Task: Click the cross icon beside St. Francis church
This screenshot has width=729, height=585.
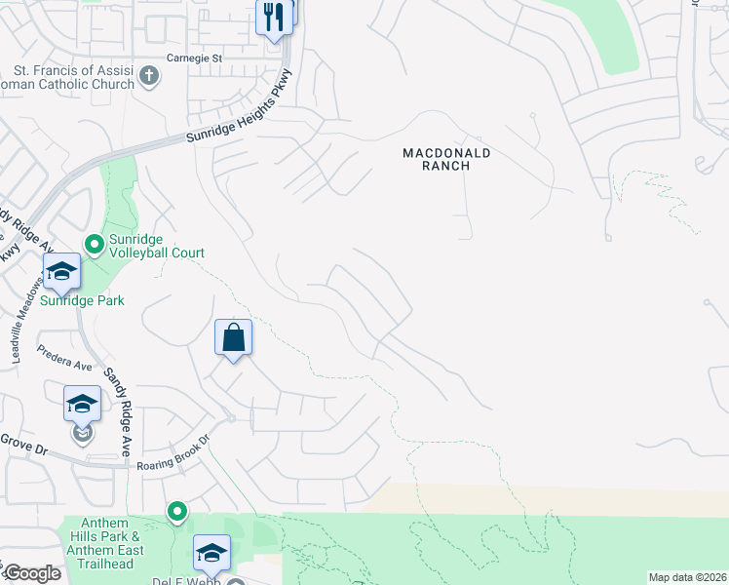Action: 149,76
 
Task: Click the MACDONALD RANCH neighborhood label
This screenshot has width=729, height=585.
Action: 447,160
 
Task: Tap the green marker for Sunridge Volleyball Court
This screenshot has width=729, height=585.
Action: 95,244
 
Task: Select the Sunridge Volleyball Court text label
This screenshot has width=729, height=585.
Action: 157,245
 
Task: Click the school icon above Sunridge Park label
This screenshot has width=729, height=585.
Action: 61,272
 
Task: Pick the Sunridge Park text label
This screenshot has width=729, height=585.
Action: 82,301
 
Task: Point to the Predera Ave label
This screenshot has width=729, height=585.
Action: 63,358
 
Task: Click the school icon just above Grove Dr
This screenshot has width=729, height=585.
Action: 83,403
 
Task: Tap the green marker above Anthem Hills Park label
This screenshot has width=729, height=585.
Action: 176,511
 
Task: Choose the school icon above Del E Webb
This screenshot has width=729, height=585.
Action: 211,553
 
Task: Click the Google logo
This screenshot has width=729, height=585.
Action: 31,573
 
